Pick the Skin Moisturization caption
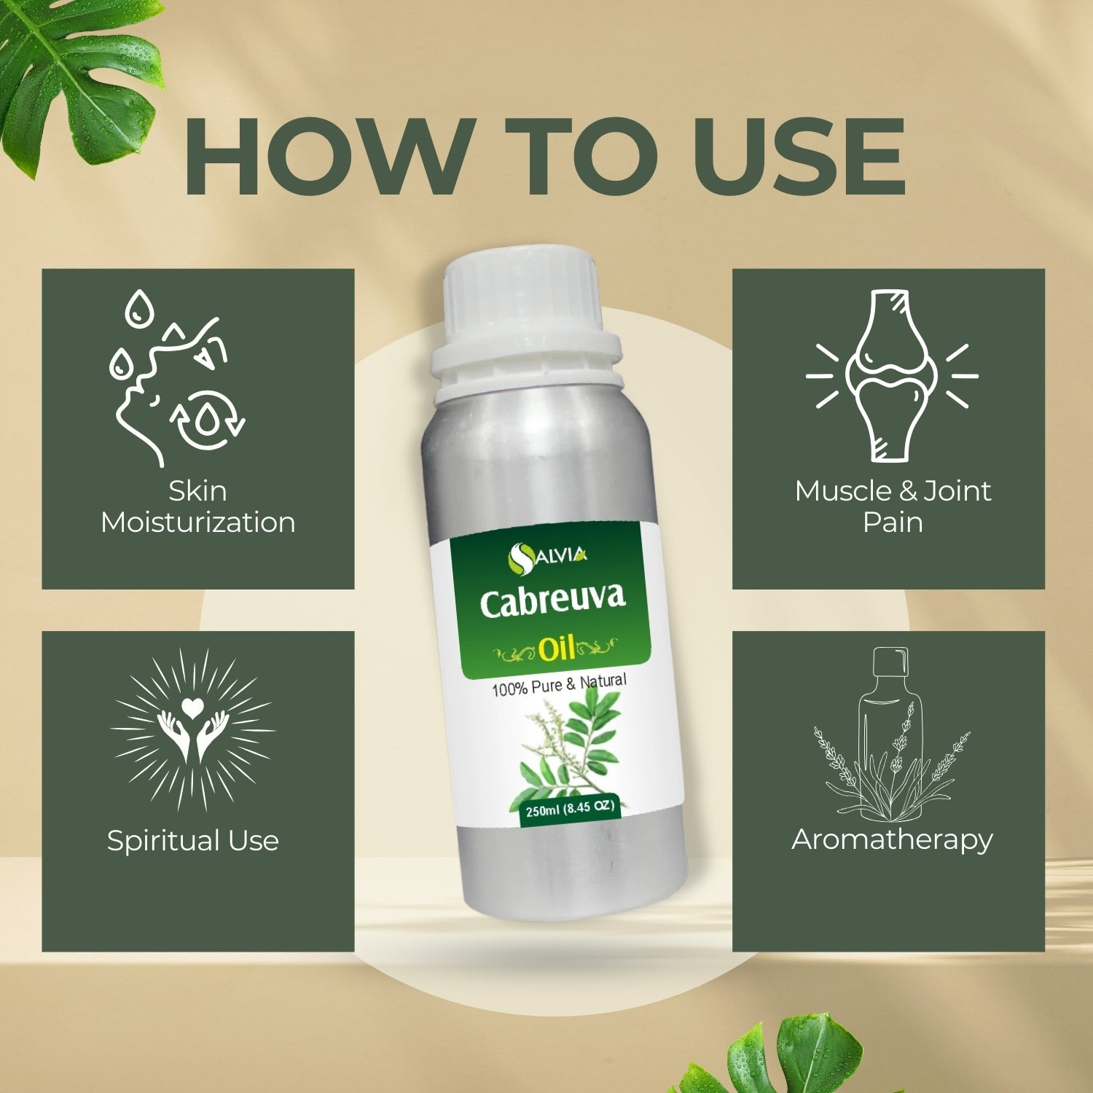click(198, 506)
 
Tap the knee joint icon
click(892, 375)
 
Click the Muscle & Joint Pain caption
click(893, 506)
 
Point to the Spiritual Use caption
click(193, 840)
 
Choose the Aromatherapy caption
click(892, 840)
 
